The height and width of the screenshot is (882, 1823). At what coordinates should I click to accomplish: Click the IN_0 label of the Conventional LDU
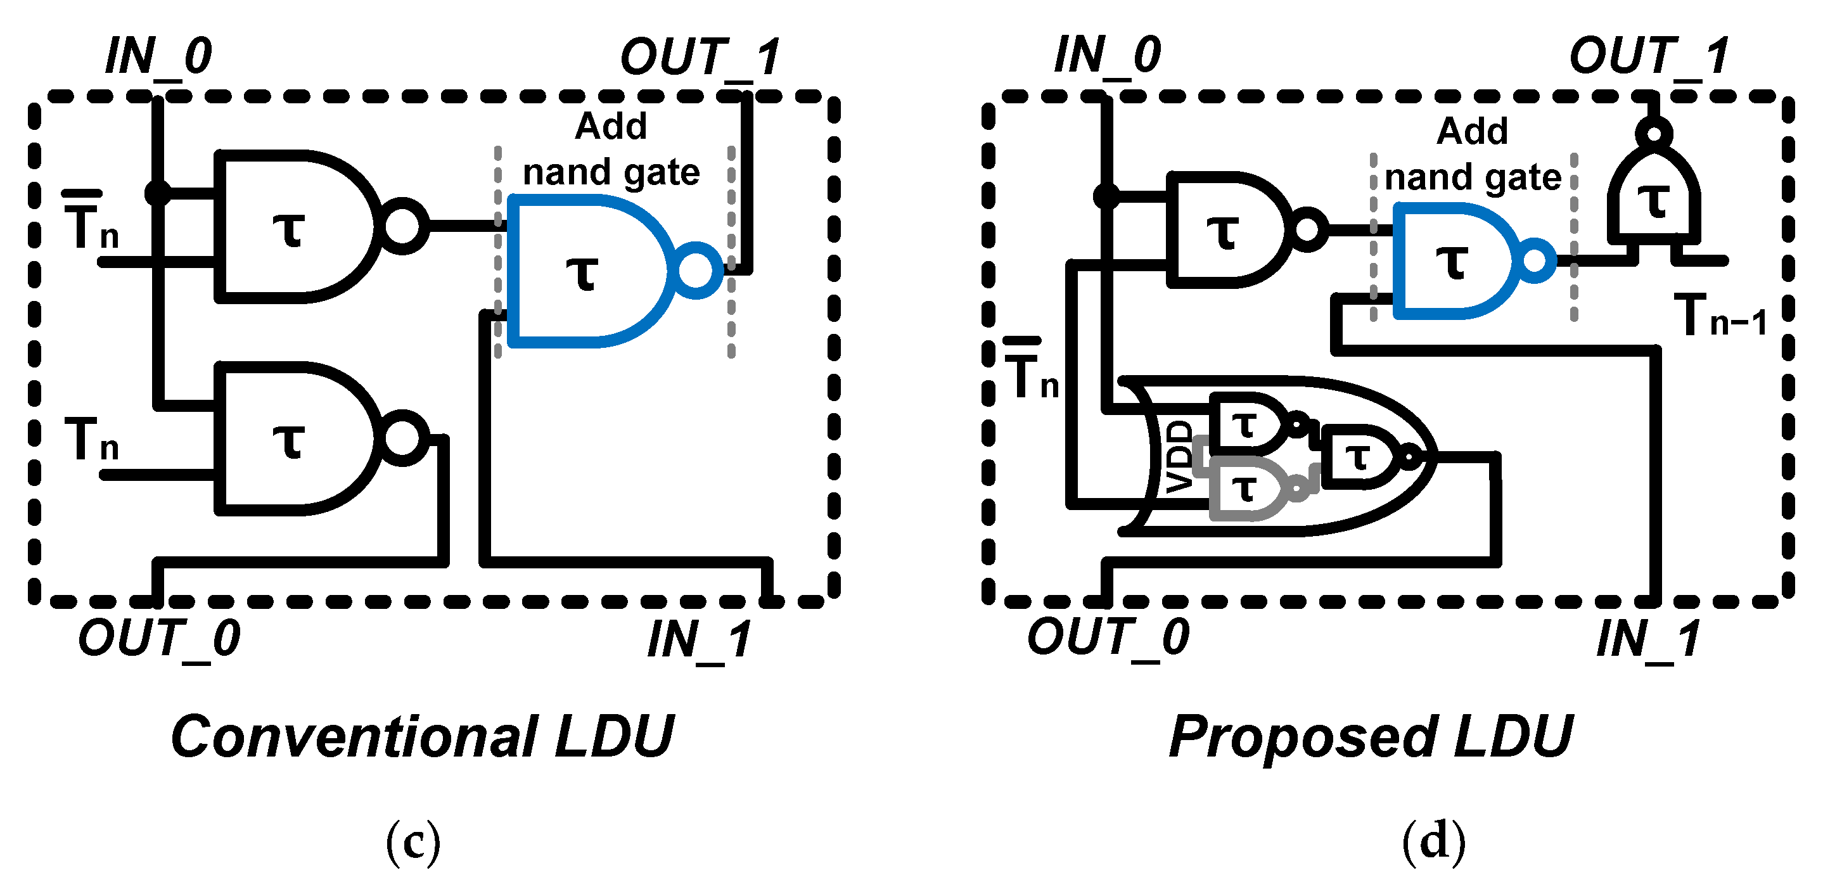(x=158, y=56)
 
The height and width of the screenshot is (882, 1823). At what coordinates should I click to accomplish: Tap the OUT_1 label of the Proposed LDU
(x=1649, y=56)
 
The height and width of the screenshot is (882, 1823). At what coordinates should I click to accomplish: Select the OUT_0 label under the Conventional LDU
(x=159, y=638)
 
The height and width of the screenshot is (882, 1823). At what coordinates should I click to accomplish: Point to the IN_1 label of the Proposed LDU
(x=1648, y=639)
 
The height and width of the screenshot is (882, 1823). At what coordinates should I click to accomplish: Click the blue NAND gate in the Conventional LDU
(x=587, y=272)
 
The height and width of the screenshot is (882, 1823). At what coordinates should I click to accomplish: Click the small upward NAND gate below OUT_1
(x=1654, y=198)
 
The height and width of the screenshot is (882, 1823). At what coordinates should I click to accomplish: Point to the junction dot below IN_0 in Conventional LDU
(x=157, y=193)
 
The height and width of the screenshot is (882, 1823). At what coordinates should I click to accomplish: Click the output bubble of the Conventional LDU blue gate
(x=697, y=271)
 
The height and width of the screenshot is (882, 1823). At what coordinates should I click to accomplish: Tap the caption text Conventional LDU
(x=423, y=737)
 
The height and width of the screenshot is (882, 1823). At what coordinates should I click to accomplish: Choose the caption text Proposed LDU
(x=1370, y=737)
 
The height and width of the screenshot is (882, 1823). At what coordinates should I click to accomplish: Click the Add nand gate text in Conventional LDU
(x=611, y=150)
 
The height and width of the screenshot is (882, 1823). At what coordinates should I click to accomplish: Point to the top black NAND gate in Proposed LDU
(x=1224, y=230)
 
